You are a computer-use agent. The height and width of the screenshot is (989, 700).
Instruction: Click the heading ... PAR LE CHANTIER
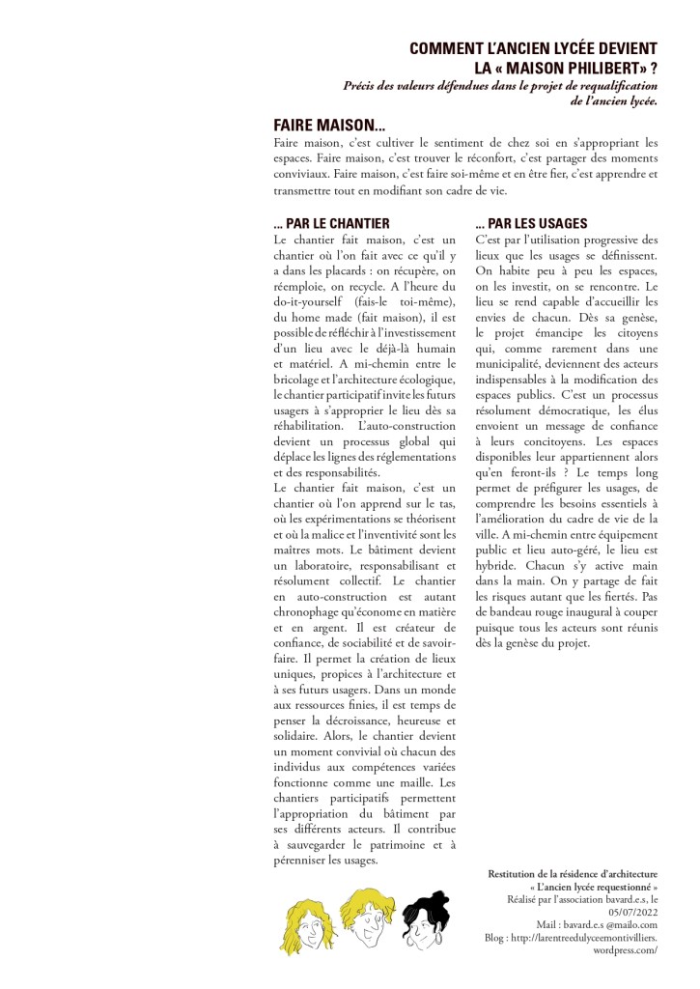pyautogui.click(x=331, y=223)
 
